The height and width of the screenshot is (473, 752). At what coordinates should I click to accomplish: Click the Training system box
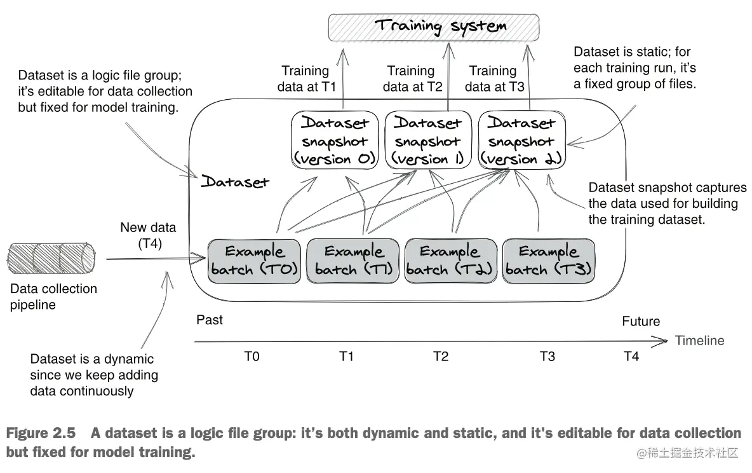pos(434,27)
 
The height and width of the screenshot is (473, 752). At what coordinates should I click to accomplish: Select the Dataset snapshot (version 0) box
pos(335,140)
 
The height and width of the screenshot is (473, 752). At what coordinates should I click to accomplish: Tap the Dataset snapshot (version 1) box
pos(428,140)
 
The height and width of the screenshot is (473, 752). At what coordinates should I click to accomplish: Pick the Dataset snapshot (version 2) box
pos(522,140)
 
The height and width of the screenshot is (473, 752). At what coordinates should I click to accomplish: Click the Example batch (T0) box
pos(254,261)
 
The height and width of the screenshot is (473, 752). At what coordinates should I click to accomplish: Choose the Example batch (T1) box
pos(353,261)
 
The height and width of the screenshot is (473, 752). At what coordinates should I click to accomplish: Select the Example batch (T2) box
pos(451,261)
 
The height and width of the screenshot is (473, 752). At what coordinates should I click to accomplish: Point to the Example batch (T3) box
pos(549,261)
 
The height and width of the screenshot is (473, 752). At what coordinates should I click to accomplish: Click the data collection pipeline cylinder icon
pos(51,258)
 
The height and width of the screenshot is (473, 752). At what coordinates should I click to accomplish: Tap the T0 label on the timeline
pos(252,356)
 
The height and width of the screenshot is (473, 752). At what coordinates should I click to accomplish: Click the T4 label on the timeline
pos(631,356)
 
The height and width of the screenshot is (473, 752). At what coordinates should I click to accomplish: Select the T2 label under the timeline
pos(441,356)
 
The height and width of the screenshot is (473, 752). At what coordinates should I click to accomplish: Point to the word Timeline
pos(699,341)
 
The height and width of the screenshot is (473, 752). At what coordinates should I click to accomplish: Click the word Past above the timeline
pos(210,320)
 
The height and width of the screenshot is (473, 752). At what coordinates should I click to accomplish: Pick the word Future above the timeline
pos(641,321)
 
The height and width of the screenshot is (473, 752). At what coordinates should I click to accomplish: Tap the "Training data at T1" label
pos(306,79)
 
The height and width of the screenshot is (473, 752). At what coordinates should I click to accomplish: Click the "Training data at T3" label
pos(494,79)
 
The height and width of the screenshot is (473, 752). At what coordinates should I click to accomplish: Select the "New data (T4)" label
pos(148,235)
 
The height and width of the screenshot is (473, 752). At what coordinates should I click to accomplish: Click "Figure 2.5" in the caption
pos(41,433)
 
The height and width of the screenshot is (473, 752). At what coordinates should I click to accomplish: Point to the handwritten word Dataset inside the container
pos(235,182)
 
